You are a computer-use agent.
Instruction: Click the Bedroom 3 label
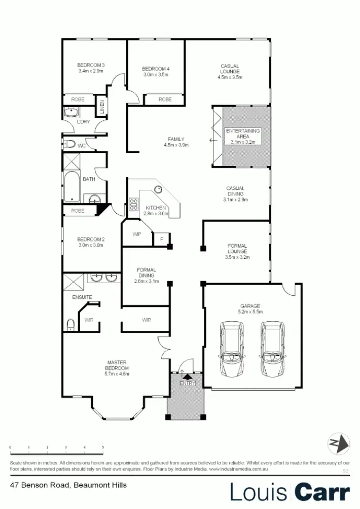click(91, 65)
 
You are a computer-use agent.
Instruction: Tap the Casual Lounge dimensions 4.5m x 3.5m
click(230, 77)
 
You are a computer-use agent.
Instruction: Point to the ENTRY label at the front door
click(187, 383)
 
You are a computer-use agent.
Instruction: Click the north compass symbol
click(339, 443)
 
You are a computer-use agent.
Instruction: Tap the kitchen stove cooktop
click(134, 205)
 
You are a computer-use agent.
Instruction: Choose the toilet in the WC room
click(69, 145)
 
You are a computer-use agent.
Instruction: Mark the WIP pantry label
click(136, 234)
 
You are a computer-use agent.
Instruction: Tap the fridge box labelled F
click(161, 239)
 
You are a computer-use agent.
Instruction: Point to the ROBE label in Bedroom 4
click(165, 99)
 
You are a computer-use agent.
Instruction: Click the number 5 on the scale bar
click(103, 447)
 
